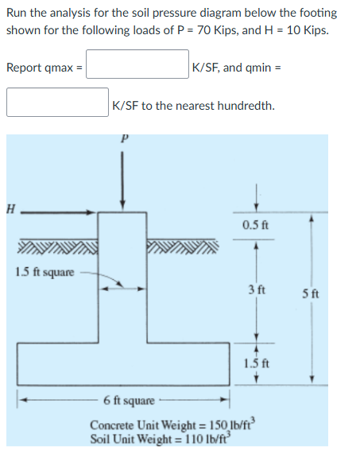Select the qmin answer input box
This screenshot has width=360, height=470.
(x=58, y=103)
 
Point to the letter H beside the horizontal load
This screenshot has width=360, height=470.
(x=10, y=211)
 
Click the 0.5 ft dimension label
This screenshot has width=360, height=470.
(x=255, y=226)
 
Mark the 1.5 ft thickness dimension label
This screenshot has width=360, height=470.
(x=255, y=363)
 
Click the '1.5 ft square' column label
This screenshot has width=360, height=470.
(x=45, y=273)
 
